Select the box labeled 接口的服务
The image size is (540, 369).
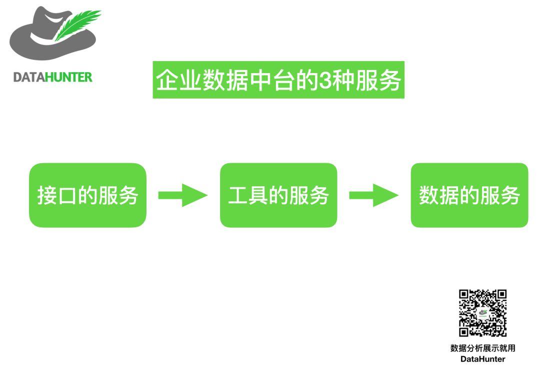coord(87,195)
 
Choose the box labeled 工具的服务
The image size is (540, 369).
coord(278,195)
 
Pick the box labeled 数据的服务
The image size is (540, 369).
coord(469,195)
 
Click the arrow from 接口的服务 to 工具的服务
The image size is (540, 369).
coord(182,195)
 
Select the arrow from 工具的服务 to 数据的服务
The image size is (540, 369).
coord(373,195)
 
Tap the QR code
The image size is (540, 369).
coord(483,313)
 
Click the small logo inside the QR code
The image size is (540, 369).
coord(483,313)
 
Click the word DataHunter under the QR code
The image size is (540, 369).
coord(482,359)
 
